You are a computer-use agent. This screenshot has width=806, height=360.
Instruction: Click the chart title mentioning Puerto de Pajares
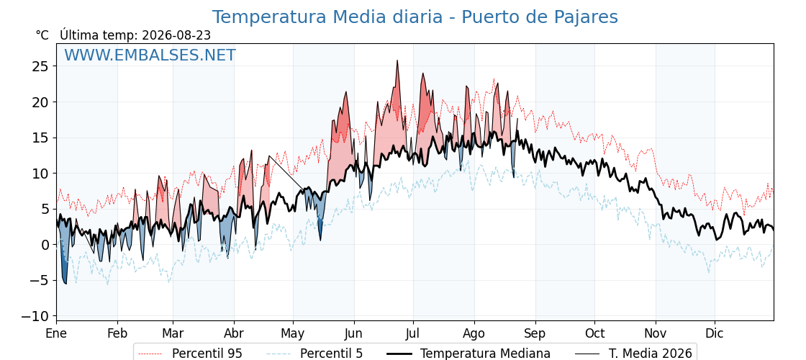(x=415, y=17)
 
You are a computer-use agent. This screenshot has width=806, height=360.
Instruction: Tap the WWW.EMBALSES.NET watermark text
(x=150, y=55)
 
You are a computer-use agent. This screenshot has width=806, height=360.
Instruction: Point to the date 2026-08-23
(x=176, y=35)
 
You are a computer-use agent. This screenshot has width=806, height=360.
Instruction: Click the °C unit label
(x=42, y=35)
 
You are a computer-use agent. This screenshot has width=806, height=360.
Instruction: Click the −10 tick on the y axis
(x=35, y=316)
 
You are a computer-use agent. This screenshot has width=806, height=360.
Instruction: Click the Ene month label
(x=57, y=333)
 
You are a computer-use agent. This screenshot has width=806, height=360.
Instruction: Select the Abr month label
(x=235, y=333)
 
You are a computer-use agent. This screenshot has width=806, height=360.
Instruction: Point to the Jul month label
(x=413, y=333)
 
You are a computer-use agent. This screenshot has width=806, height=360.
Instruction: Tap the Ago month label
(x=474, y=334)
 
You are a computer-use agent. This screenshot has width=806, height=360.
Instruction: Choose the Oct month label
(x=594, y=333)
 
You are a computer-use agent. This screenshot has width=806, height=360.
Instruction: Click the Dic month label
(x=715, y=333)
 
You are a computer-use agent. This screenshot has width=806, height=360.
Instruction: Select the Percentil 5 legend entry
(x=314, y=354)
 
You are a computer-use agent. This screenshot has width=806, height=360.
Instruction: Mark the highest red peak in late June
(x=397, y=60)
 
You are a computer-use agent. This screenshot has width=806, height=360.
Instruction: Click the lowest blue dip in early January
(x=65, y=284)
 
